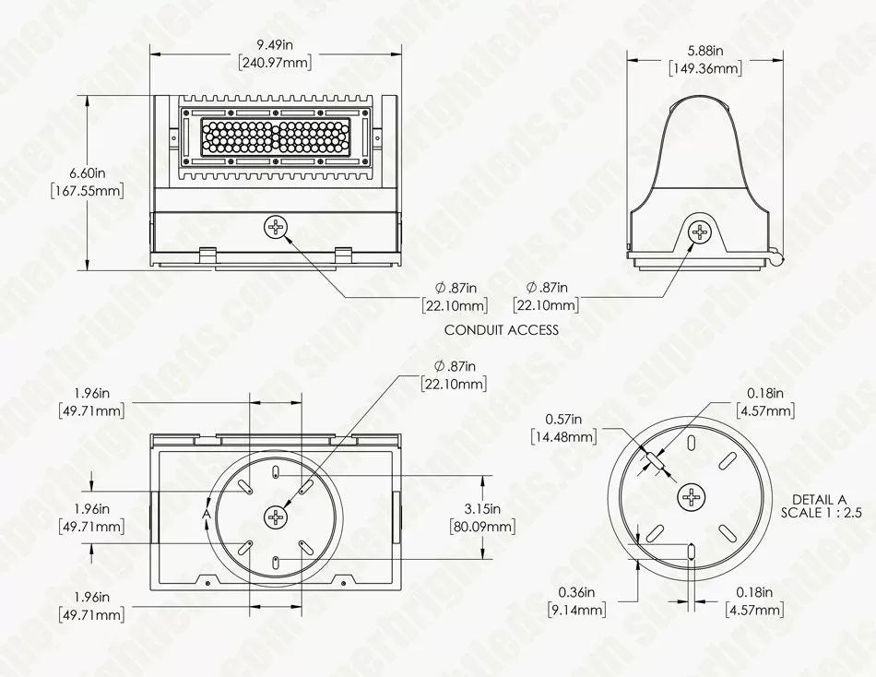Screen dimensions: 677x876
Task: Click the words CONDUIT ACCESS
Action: [502, 329]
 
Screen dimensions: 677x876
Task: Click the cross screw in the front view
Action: [277, 225]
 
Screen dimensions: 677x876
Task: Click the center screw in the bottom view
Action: [277, 518]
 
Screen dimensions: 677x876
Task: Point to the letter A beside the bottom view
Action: [207, 513]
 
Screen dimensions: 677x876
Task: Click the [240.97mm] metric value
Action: [276, 64]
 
